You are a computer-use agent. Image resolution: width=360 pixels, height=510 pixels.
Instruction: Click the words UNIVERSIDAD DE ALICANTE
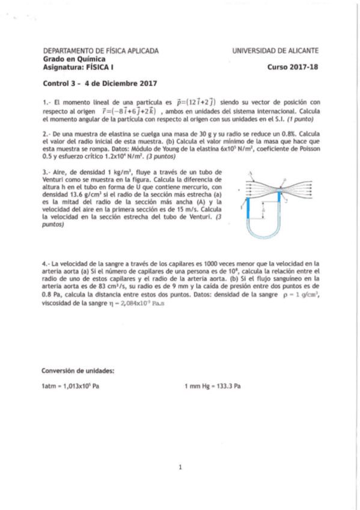pos(275,51)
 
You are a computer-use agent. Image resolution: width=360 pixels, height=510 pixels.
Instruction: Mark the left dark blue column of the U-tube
pos(248,207)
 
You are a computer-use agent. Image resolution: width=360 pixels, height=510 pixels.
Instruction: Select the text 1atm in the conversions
pos(49,386)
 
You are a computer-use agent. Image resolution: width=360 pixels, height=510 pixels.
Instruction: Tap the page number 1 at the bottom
pos(180,467)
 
